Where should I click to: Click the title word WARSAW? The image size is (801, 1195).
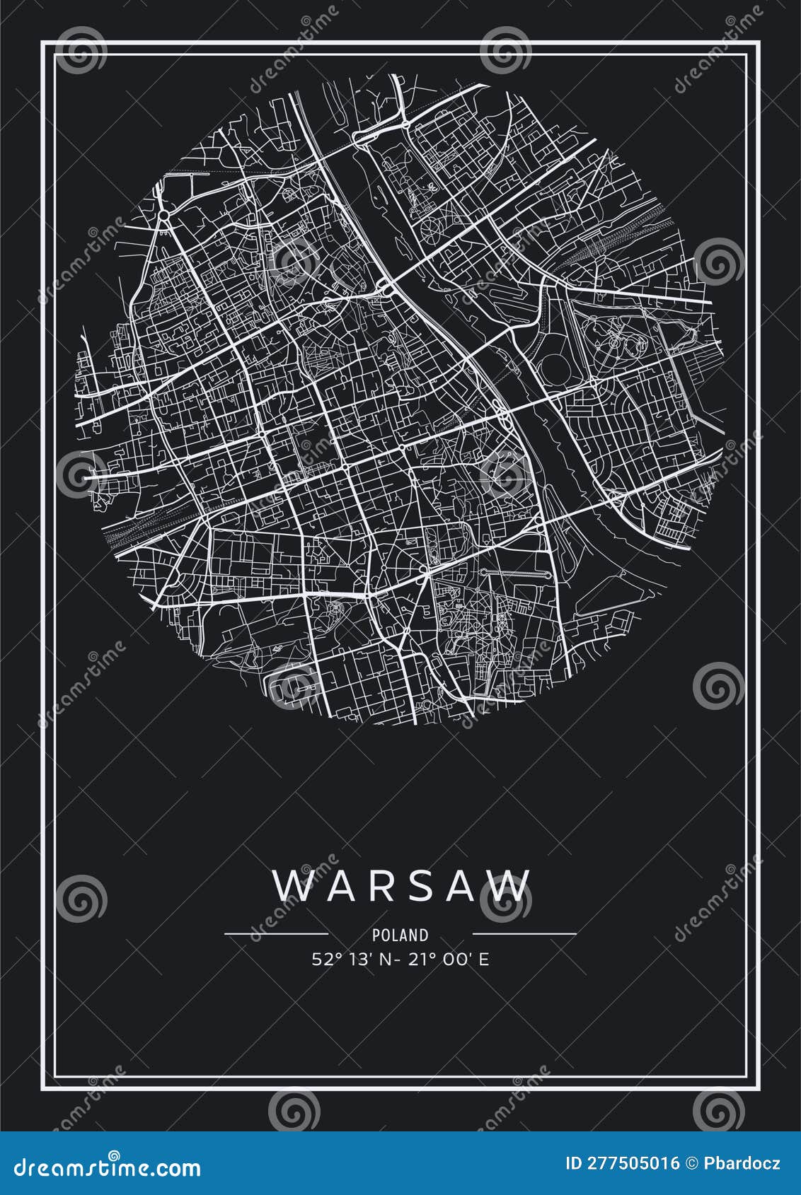tap(401, 886)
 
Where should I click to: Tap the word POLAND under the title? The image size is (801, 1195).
tap(400, 935)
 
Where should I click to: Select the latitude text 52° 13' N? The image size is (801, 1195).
tap(351, 960)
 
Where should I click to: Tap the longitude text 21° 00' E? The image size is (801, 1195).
tap(451, 960)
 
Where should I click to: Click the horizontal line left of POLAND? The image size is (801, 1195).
tap(276, 934)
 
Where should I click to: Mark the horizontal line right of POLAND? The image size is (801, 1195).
tap(524, 934)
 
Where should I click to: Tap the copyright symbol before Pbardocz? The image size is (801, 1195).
tap(692, 1163)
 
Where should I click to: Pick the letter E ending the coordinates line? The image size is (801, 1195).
tap(485, 960)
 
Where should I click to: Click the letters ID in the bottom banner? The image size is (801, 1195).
tap(574, 1163)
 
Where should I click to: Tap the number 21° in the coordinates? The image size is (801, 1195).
tap(424, 960)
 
